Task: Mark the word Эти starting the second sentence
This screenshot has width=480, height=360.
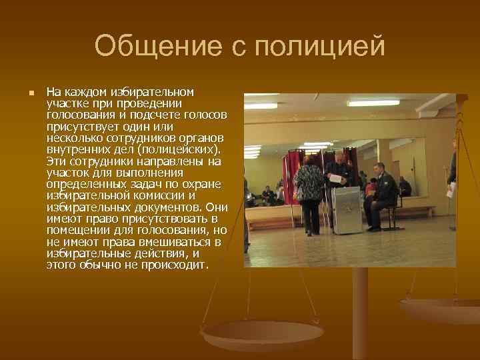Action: click(55, 161)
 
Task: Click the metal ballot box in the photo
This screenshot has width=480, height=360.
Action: click(346, 210)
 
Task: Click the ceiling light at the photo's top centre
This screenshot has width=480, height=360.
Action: click(373, 103)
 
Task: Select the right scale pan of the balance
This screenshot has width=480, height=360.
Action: click(440, 309)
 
